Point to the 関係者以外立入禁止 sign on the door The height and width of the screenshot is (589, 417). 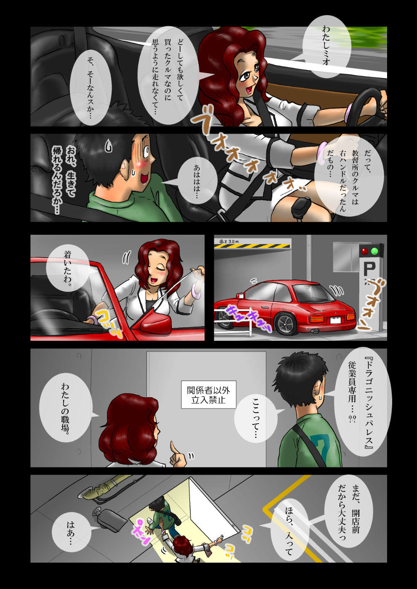point(208,395)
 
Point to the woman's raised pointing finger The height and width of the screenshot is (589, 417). point(172,446)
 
